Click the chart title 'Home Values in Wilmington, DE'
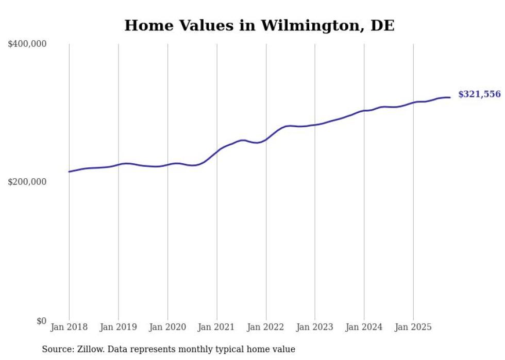click(x=259, y=25)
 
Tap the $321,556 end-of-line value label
click(x=479, y=94)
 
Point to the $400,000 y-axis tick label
click(x=27, y=44)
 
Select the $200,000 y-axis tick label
click(x=27, y=182)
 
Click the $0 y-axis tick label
click(x=41, y=321)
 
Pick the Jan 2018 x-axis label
click(x=69, y=327)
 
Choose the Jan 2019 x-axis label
click(x=119, y=327)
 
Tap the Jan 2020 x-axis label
click(x=167, y=327)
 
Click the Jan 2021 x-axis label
click(x=217, y=327)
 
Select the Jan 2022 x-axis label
click(x=266, y=327)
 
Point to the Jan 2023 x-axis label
click(x=315, y=327)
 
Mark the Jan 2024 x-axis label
click(x=364, y=327)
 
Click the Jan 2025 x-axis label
click(x=413, y=327)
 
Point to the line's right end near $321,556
click(x=450, y=97)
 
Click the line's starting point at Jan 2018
click(x=70, y=172)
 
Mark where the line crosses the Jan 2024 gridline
click(x=364, y=110)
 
